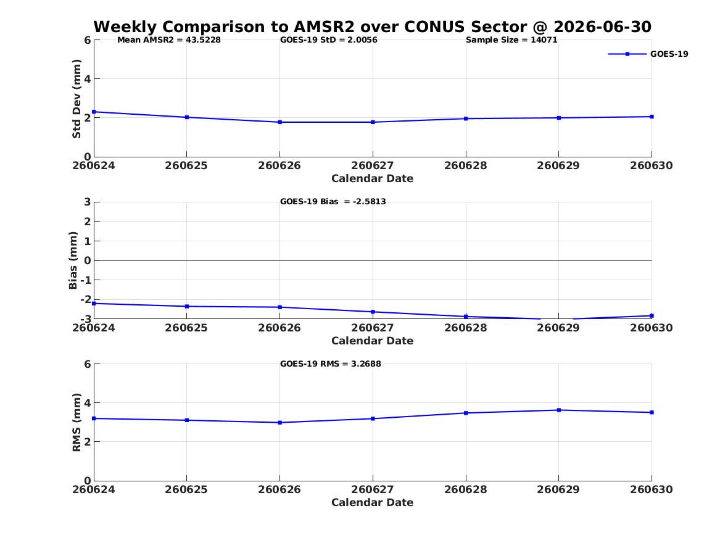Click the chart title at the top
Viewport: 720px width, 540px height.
[x=373, y=27]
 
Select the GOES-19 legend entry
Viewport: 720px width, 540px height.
[x=648, y=54]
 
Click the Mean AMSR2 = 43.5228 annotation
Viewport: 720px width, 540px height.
[x=169, y=40]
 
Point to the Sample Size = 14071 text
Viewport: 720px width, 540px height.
[x=511, y=40]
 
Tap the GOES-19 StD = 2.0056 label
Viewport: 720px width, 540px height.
[x=329, y=40]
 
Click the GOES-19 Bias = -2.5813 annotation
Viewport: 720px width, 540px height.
[x=333, y=202]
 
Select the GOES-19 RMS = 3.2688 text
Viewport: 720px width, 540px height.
[x=331, y=363]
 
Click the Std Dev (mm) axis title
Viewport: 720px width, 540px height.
[x=77, y=99]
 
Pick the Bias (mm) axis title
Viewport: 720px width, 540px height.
[x=73, y=260]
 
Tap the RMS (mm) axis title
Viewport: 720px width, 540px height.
[x=77, y=423]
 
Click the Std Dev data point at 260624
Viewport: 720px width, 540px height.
[x=94, y=112]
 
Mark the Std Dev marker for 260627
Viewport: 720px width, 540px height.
[x=373, y=122]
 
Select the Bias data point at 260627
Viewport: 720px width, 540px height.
[x=373, y=312]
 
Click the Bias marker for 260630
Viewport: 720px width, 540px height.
[x=652, y=315]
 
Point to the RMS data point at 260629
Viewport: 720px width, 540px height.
[x=559, y=410]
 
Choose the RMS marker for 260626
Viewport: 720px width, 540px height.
[x=279, y=423]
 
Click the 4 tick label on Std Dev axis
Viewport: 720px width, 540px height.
[x=87, y=79]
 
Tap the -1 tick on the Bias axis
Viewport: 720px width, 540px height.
[x=85, y=280]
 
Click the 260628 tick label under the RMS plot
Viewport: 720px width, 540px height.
[x=466, y=489]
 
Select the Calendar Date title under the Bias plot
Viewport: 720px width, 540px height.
[x=373, y=341]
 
